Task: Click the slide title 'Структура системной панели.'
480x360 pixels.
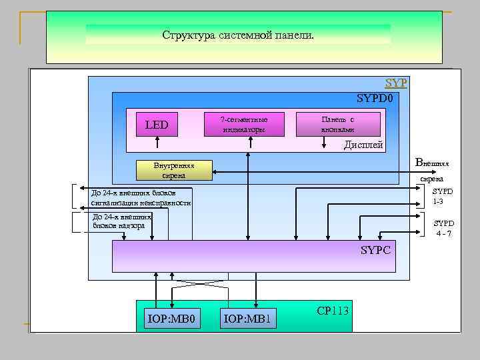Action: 237,35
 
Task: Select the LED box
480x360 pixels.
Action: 157,125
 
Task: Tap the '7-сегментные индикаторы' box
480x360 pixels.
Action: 243,124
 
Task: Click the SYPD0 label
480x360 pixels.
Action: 378,99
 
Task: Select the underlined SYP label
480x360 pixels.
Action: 396,83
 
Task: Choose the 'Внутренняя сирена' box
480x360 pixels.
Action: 173,171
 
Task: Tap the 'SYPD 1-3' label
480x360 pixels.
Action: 443,196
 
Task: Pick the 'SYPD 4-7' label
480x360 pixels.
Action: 444,228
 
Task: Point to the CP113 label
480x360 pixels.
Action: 333,311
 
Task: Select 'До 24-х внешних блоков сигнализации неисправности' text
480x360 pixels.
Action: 140,197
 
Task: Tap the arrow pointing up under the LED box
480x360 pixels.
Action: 157,143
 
